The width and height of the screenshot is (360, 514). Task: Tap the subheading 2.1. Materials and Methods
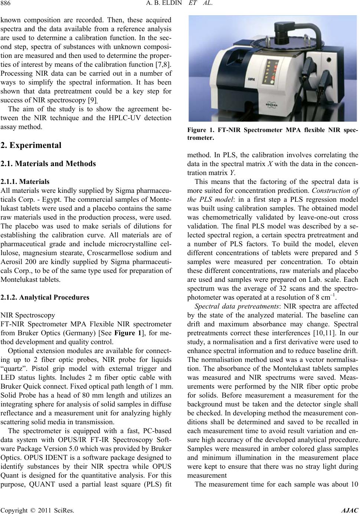coord(48,164)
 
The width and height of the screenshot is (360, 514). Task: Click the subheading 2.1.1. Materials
coord(25,182)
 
